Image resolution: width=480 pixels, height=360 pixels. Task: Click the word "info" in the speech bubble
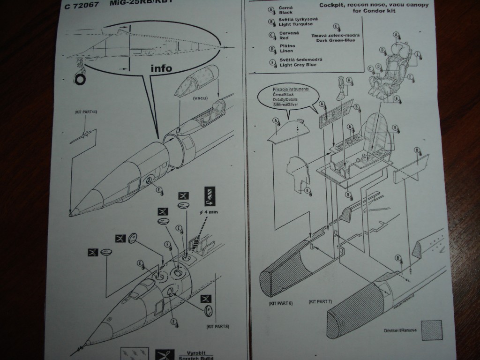pos(161,68)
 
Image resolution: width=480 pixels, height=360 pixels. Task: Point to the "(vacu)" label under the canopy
pos(200,99)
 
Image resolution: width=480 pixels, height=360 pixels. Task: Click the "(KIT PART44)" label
pos(85,113)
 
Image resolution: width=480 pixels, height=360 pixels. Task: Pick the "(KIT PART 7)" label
pos(320,301)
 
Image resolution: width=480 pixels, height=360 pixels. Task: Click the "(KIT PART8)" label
pos(217,326)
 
